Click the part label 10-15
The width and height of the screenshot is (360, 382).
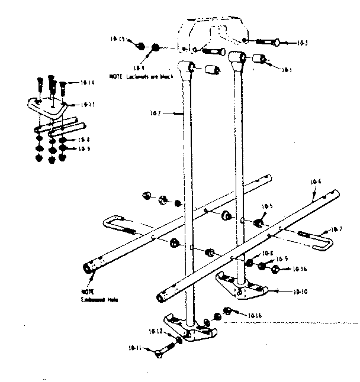tap(117, 40)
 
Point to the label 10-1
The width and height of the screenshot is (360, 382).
tap(287, 70)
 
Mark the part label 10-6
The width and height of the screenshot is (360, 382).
tap(315, 182)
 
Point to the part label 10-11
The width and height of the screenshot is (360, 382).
tap(136, 348)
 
